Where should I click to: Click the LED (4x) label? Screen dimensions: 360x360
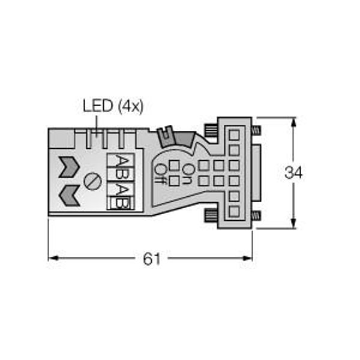(x=113, y=106)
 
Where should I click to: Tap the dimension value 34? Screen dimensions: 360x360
(x=293, y=172)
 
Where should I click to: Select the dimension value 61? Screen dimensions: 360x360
(x=152, y=259)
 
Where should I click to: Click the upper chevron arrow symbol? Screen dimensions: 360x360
(x=69, y=167)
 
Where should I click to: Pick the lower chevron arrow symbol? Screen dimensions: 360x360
(x=69, y=196)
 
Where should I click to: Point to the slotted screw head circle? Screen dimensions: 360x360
(x=92, y=181)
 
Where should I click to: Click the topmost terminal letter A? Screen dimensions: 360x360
(x=122, y=160)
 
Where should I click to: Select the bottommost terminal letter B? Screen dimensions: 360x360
(x=122, y=203)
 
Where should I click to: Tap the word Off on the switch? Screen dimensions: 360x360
(x=160, y=179)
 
